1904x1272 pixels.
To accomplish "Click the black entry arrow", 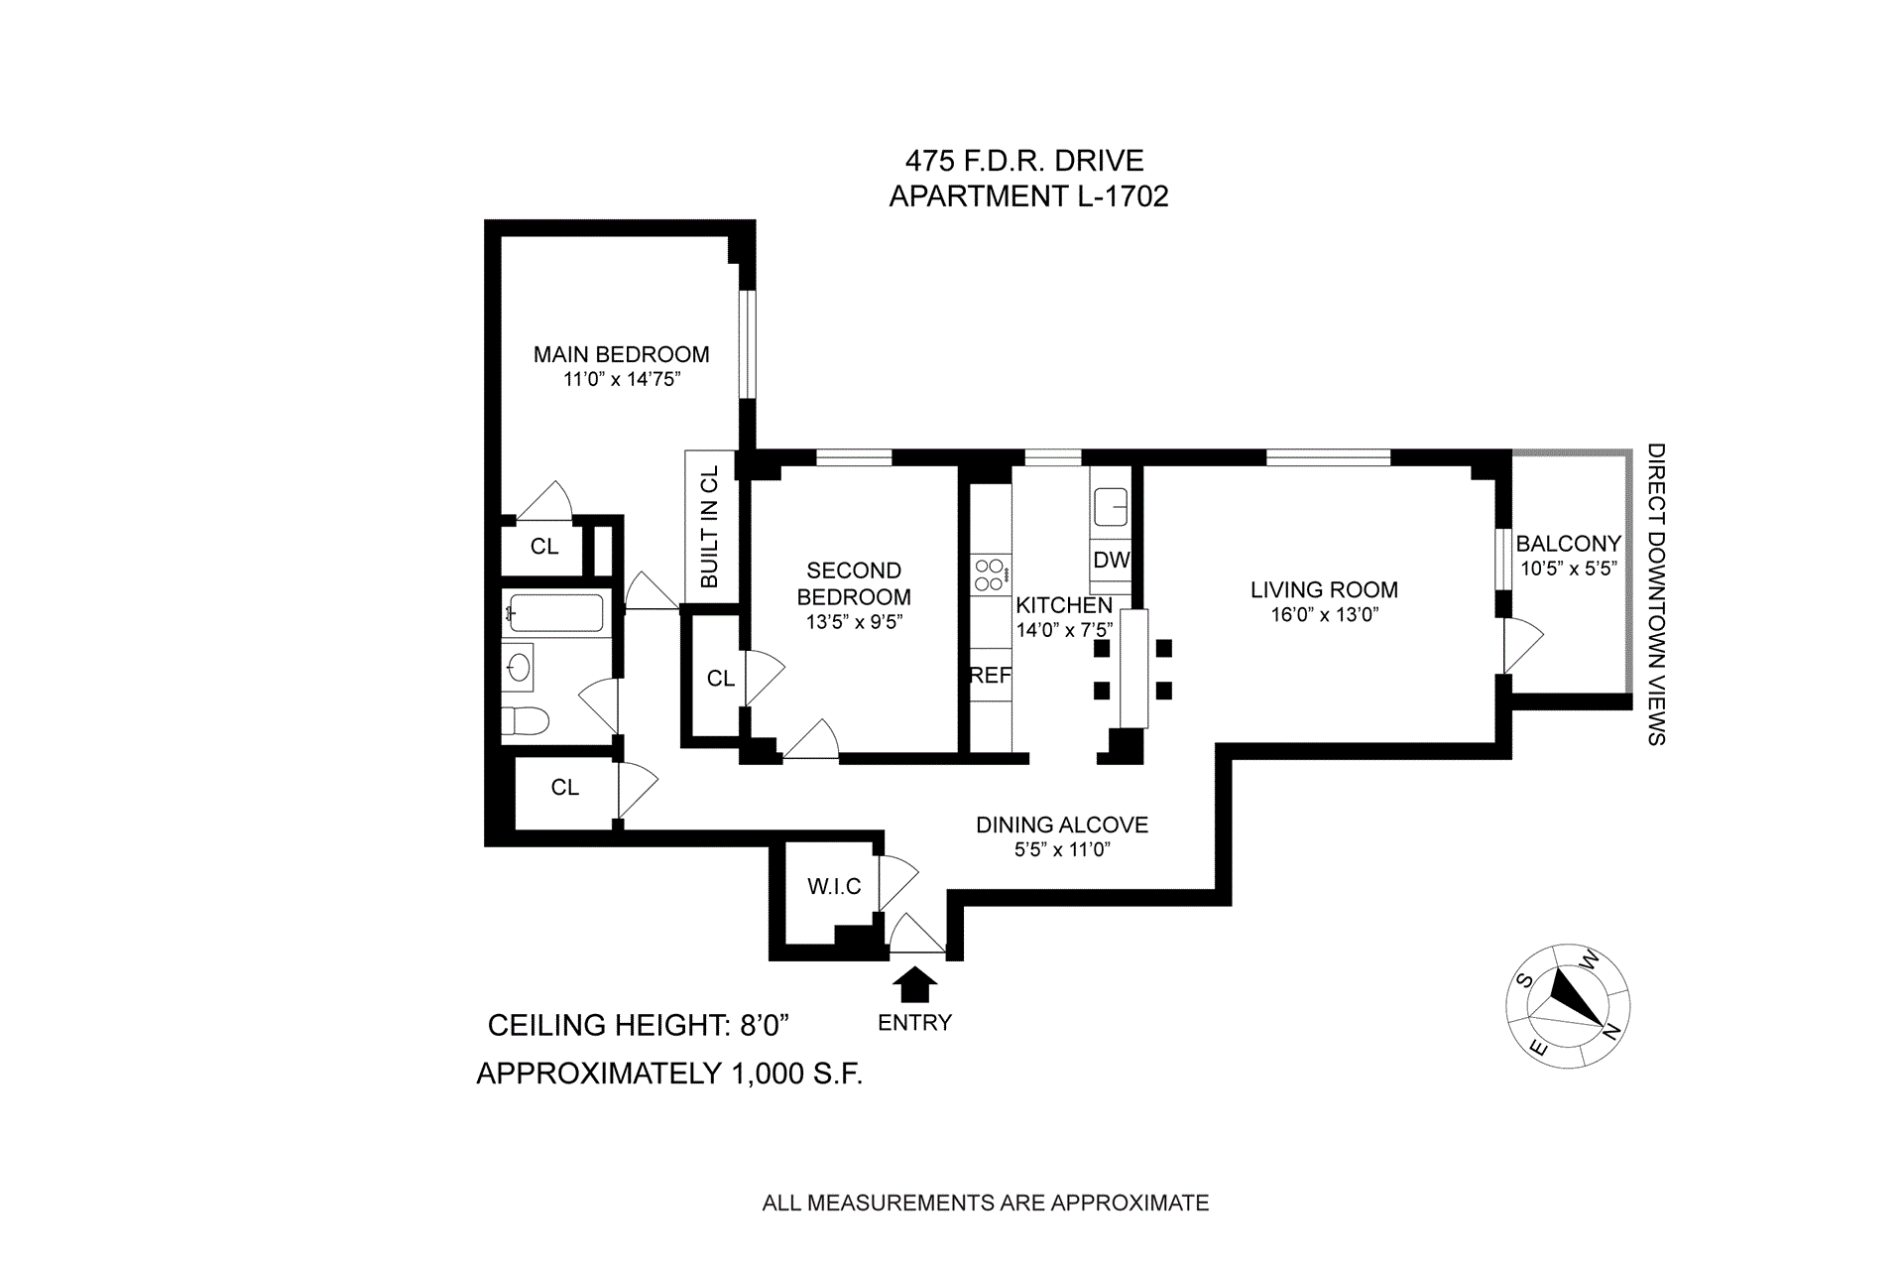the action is (x=914, y=985).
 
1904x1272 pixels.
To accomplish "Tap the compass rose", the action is (x=1568, y=1005).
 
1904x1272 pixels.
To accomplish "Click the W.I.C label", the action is (x=834, y=887).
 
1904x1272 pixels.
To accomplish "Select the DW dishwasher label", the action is (x=1111, y=560).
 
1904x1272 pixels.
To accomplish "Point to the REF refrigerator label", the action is (x=990, y=676).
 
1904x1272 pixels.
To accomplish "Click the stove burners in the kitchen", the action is (x=991, y=574).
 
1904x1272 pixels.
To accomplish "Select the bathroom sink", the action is (x=518, y=667).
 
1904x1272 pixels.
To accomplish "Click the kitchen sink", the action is (x=1111, y=509).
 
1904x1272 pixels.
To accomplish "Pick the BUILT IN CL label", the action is (x=709, y=527).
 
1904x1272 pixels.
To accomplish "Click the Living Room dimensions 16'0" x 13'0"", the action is (x=1325, y=615).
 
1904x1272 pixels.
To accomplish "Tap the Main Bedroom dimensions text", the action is (x=621, y=379).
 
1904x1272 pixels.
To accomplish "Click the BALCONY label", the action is (x=1568, y=544).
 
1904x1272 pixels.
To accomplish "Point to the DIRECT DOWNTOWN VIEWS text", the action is (x=1655, y=593).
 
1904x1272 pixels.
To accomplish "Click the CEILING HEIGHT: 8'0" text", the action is (x=638, y=1025).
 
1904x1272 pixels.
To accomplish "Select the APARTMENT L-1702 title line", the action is (x=1028, y=196).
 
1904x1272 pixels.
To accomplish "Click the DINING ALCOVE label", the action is (x=1062, y=825).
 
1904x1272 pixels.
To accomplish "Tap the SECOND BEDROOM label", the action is (x=854, y=583).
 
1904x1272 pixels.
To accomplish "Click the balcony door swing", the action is (x=1523, y=646).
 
